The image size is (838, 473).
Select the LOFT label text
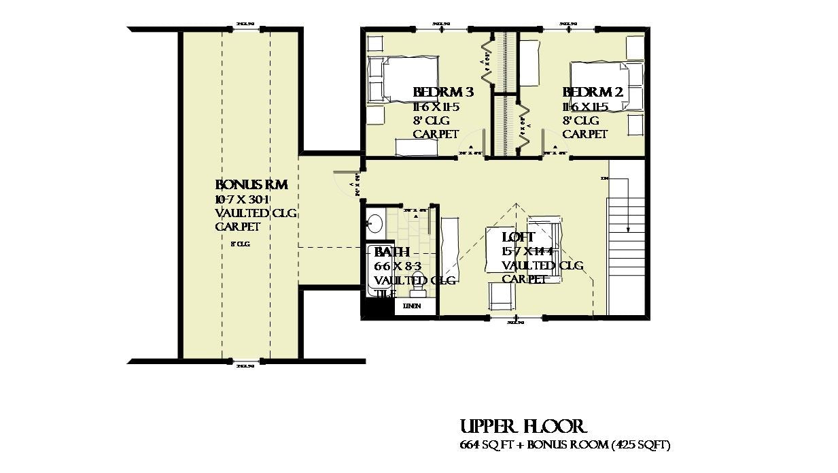[519, 238]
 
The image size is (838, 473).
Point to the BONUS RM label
[251, 185]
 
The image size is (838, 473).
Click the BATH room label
[392, 252]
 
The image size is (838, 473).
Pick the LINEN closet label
[412, 306]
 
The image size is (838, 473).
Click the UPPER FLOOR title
[522, 427]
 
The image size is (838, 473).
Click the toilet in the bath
[418, 290]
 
